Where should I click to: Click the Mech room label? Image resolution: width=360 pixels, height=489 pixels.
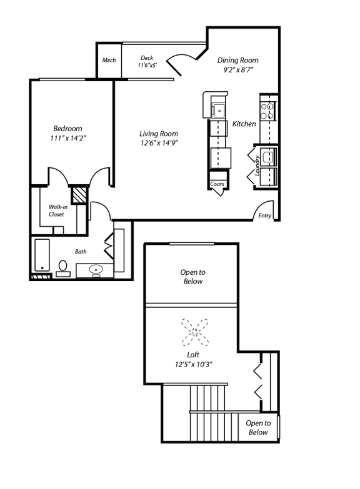(x=109, y=61)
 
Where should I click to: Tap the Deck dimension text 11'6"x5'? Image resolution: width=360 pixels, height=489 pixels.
(x=147, y=65)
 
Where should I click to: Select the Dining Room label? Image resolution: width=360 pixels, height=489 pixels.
(x=237, y=61)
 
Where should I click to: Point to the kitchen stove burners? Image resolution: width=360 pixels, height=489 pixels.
(x=267, y=111)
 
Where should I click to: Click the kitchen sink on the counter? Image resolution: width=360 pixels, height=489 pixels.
(x=219, y=111)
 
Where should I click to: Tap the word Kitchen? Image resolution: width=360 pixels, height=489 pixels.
(x=244, y=124)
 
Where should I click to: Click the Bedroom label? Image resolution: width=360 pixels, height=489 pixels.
(x=67, y=129)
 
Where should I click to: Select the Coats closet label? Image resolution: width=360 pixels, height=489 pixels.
(x=217, y=184)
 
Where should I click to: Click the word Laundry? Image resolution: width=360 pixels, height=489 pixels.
(x=257, y=165)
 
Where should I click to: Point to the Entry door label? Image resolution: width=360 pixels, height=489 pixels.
(x=264, y=216)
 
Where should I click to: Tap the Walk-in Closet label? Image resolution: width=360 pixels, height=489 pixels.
(x=57, y=210)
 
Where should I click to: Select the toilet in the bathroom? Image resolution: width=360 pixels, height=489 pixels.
(x=62, y=267)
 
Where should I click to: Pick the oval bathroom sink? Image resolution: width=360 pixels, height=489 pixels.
(x=96, y=270)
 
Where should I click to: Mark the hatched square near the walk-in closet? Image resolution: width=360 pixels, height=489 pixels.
(x=78, y=195)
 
